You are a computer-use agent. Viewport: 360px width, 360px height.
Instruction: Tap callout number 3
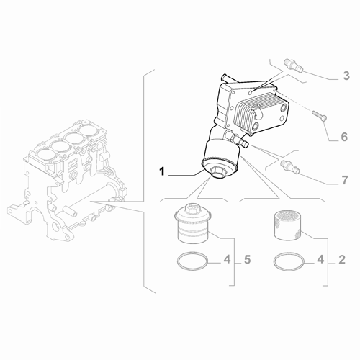346,76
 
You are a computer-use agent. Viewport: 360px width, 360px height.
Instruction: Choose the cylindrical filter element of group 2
287,224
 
